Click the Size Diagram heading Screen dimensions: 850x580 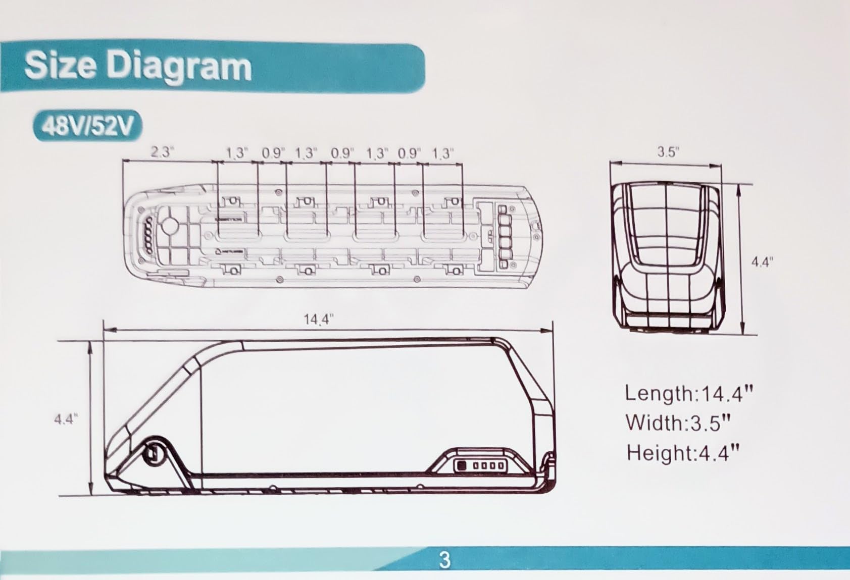pyautogui.click(x=138, y=67)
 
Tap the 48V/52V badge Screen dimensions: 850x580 pyautogui.click(x=88, y=126)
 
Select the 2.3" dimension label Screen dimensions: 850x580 pyautogui.click(x=162, y=152)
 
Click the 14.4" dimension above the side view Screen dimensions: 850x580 pyautogui.click(x=318, y=320)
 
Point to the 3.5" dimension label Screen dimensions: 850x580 pyautogui.click(x=668, y=152)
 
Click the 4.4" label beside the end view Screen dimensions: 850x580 pyautogui.click(x=762, y=262)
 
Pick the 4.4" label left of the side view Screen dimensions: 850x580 pyautogui.click(x=66, y=419)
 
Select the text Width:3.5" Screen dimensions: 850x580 pyautogui.click(x=678, y=423)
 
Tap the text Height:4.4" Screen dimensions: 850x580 pyautogui.click(x=683, y=452)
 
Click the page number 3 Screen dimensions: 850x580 pyautogui.click(x=444, y=560)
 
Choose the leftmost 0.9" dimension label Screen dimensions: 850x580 pyautogui.click(x=273, y=153)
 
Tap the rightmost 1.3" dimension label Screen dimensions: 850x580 pyautogui.click(x=443, y=153)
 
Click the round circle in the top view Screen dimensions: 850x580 pyautogui.click(x=170, y=225)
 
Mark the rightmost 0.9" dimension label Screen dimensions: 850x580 pyautogui.click(x=409, y=153)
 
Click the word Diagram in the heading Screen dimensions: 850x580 pyautogui.click(x=180, y=68)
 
